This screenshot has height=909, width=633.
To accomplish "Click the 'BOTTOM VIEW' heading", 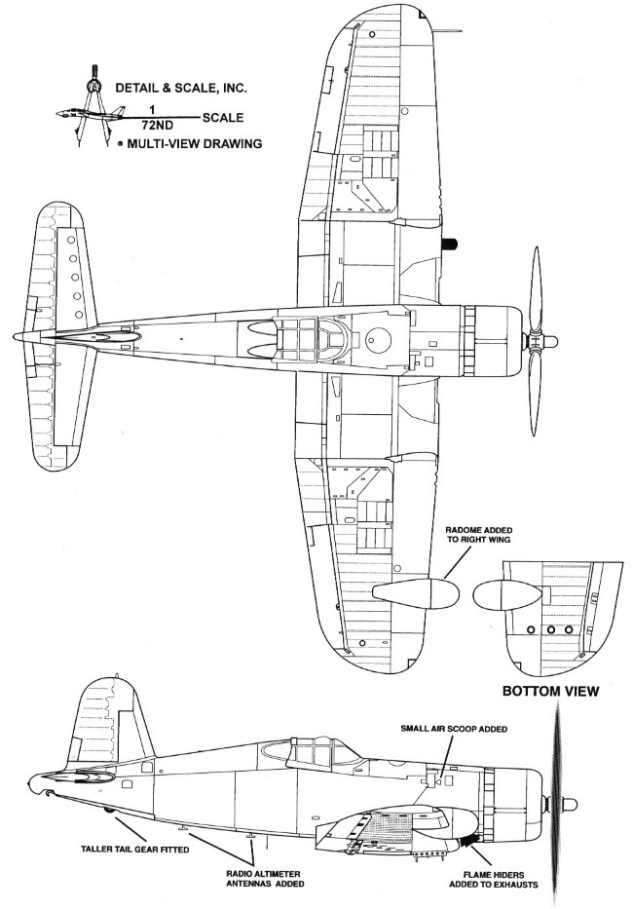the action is (550, 691).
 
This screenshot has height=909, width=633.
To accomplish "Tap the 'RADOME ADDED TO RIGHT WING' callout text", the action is (478, 535).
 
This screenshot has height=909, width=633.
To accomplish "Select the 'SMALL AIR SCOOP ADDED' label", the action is (454, 729).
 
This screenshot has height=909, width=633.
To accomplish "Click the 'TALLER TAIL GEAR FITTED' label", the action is (135, 850).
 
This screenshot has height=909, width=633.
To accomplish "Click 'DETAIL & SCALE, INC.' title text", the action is (181, 89).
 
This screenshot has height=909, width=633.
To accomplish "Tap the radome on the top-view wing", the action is (416, 593).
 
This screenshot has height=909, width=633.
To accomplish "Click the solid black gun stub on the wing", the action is (449, 244).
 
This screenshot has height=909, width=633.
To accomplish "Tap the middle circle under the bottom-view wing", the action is (551, 629).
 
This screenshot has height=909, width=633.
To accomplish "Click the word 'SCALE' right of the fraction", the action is (223, 118).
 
